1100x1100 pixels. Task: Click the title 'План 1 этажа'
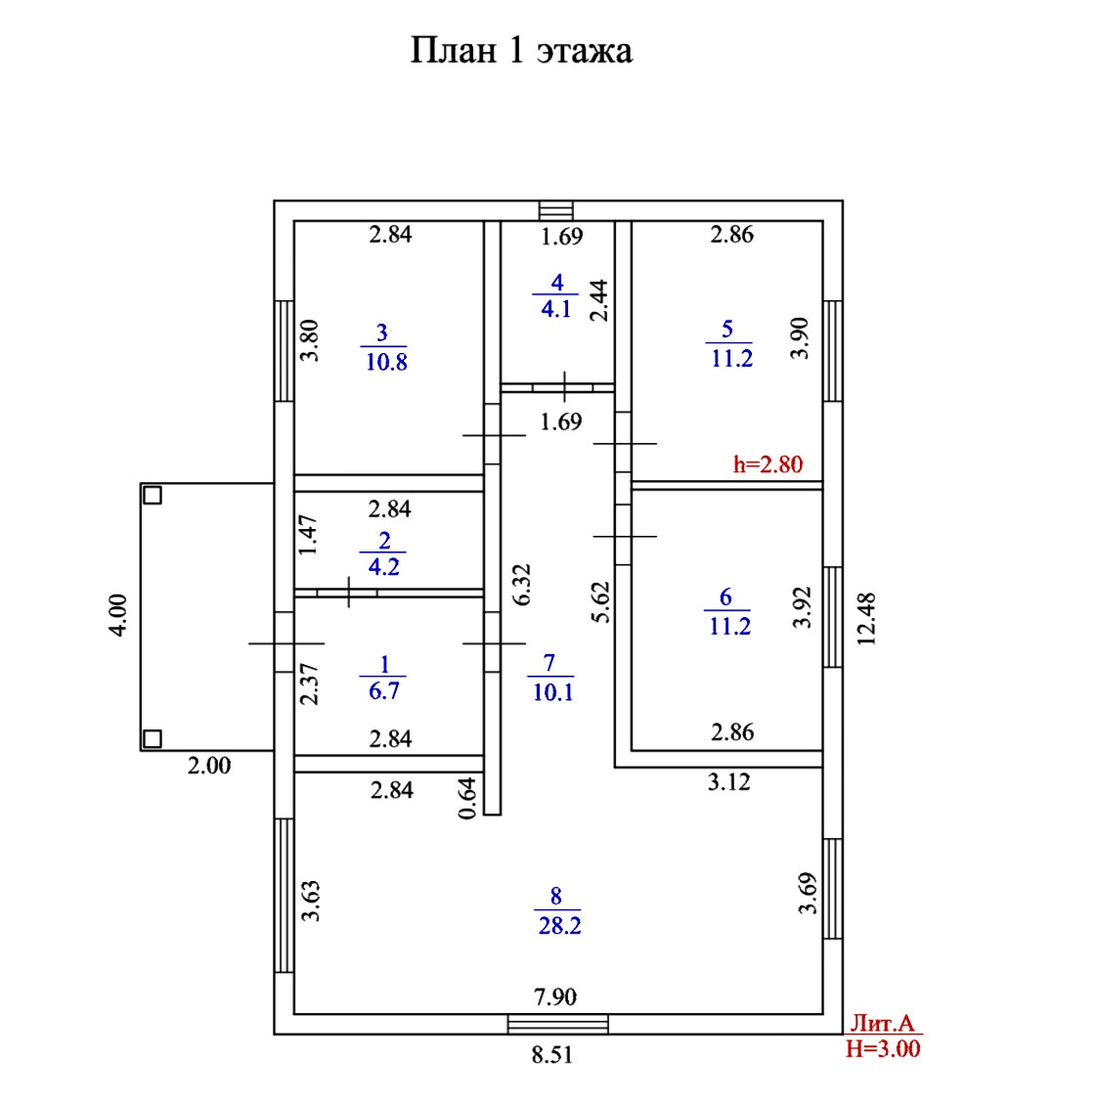(x=520, y=50)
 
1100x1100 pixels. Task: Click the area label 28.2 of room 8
(x=559, y=925)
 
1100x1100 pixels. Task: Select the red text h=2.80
(x=768, y=463)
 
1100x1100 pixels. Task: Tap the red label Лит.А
(x=882, y=1024)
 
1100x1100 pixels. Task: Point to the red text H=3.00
(x=882, y=1049)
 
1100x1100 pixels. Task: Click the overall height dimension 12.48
(x=865, y=617)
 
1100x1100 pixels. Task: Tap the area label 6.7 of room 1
(x=384, y=691)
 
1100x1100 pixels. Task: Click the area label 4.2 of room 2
(x=384, y=567)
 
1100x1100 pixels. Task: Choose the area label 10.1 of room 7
(x=550, y=691)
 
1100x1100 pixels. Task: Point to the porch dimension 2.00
(x=209, y=766)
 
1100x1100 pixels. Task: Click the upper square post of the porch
(x=152, y=494)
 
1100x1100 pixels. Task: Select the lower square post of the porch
(x=152, y=738)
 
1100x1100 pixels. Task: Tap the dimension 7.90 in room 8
(x=554, y=997)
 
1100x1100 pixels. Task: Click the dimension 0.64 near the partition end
(x=467, y=797)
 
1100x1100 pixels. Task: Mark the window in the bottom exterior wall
(x=558, y=1024)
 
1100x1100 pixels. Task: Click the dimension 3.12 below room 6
(x=728, y=780)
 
